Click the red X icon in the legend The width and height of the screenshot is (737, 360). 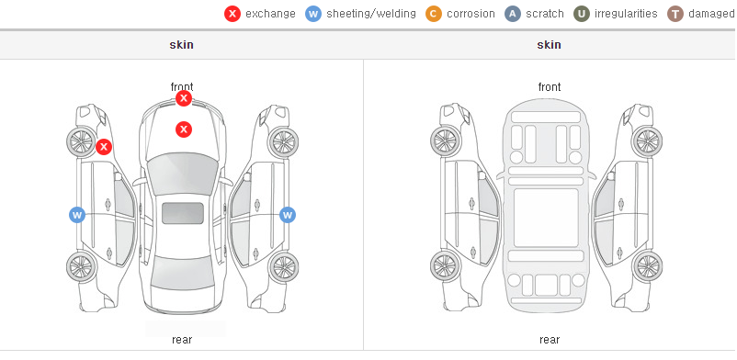[x=232, y=14]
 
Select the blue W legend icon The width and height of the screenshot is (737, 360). [x=313, y=14]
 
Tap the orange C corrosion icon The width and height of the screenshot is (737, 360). [x=434, y=14]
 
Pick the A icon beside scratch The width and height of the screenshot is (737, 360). [x=513, y=14]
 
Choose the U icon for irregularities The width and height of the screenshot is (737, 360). [x=582, y=14]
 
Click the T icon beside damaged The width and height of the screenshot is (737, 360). [x=675, y=14]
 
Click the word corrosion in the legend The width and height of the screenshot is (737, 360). [x=471, y=14]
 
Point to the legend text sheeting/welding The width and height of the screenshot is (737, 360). [x=371, y=14]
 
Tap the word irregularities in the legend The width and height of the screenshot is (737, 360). [x=626, y=14]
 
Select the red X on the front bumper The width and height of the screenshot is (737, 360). [x=184, y=98]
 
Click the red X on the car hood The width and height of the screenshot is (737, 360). [x=184, y=129]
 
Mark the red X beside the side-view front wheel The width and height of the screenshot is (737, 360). [x=104, y=147]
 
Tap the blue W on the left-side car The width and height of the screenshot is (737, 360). [x=77, y=215]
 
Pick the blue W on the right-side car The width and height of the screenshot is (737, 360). [x=288, y=215]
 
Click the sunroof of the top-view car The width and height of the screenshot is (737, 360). [x=183, y=213]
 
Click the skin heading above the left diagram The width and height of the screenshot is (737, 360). [x=181, y=45]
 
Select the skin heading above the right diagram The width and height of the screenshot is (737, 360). [x=549, y=45]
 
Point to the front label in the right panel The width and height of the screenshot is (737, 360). [x=550, y=87]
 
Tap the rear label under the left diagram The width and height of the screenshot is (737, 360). [x=182, y=340]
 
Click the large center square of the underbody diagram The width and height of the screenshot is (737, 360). [x=546, y=218]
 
